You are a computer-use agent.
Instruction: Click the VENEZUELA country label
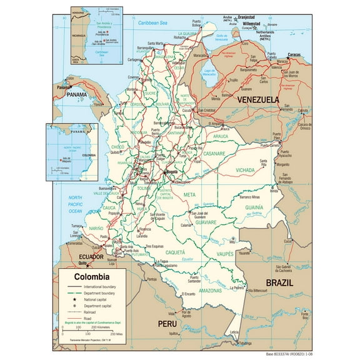pyautogui.click(x=257, y=99)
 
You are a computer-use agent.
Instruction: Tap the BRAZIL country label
pyautogui.click(x=284, y=283)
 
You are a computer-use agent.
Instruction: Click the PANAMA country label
pyautogui.click(x=77, y=94)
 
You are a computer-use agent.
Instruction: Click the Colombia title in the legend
pyautogui.click(x=92, y=276)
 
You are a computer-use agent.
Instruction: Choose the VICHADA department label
pyautogui.click(x=245, y=170)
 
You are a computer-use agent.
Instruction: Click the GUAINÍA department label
pyautogui.click(x=254, y=207)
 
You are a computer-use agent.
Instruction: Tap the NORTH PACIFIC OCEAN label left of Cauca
pyautogui.click(x=76, y=204)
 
